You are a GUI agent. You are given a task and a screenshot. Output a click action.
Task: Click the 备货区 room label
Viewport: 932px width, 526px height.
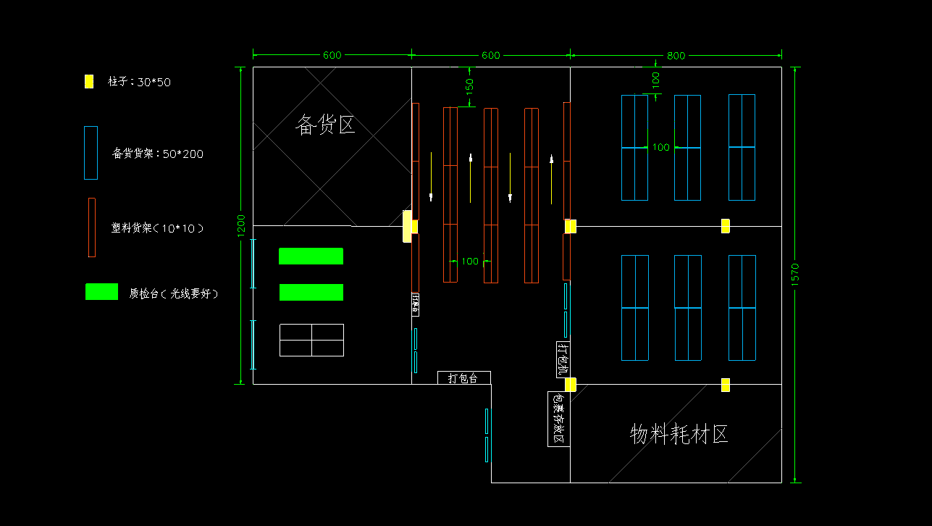pos(325,125)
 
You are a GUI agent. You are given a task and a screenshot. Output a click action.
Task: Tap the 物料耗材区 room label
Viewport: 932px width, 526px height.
pos(679,434)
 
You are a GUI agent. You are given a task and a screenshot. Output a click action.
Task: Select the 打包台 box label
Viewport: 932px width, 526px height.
pos(463,378)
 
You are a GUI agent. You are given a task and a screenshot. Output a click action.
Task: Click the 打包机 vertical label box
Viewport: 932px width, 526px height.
pos(563,359)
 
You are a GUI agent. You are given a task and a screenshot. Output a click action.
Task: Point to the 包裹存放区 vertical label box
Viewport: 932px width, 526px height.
pos(558,419)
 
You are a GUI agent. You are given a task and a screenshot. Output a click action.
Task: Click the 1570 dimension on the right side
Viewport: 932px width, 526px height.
pos(794,275)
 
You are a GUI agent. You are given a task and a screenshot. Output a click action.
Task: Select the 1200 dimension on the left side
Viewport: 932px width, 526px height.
pos(241,226)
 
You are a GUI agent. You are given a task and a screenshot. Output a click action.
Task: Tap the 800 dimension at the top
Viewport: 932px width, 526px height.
pos(676,56)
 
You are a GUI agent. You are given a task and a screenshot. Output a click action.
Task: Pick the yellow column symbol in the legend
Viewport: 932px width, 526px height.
pos(89,82)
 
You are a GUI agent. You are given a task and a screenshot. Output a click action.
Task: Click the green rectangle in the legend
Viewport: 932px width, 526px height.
pos(101,291)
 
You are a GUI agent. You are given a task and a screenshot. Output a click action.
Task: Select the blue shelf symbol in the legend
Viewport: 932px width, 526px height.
pos(91,153)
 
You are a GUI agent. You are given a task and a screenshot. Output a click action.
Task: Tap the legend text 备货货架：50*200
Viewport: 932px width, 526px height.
pos(157,154)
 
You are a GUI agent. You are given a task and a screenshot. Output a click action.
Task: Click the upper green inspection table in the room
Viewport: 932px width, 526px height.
pos(311,256)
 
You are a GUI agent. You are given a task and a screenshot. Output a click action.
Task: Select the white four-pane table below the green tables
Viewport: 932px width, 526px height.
pos(311,340)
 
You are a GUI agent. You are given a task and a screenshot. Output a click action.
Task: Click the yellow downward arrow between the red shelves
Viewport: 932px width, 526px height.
pos(511,178)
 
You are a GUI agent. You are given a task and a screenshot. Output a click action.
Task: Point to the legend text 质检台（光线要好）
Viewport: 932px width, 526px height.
pos(174,293)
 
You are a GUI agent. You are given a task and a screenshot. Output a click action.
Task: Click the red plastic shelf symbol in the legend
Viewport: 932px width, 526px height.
pos(91,227)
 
